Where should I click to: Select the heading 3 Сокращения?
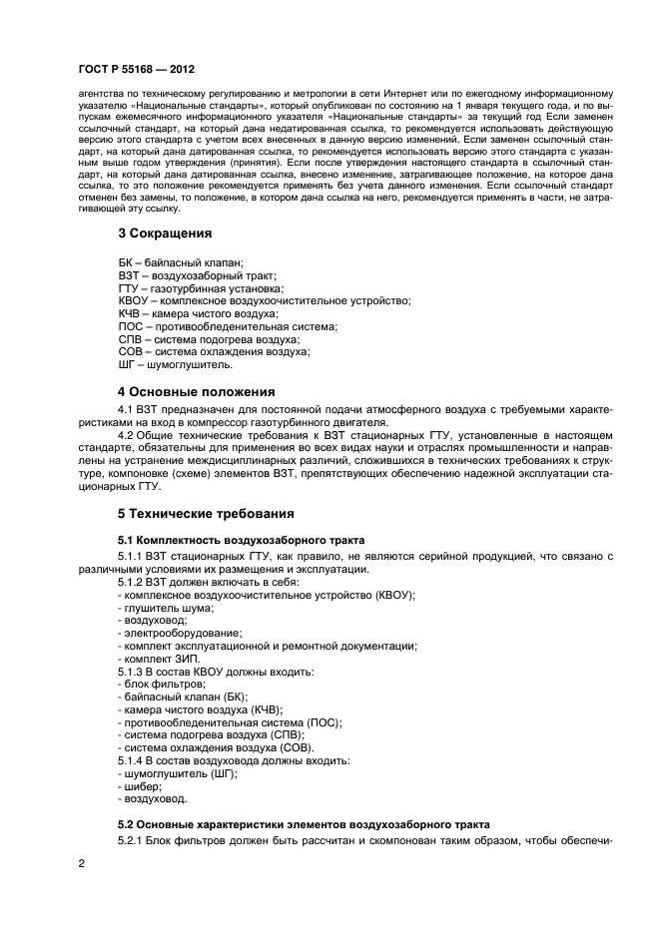click(165, 233)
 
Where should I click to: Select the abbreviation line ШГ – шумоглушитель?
click(175, 364)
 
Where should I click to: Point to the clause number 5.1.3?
click(135, 672)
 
